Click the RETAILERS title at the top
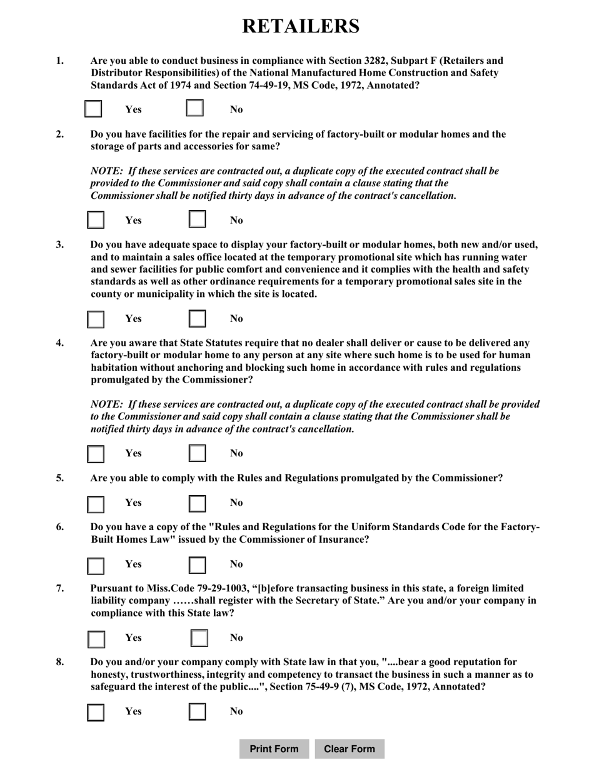[x=301, y=26]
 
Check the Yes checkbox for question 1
[x=93, y=109]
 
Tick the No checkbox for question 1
[x=195, y=109]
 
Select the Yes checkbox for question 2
[x=96, y=219]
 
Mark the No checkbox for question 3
[x=198, y=318]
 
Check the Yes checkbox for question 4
[x=96, y=453]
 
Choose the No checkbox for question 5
[x=198, y=503]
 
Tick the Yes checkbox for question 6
[x=96, y=565]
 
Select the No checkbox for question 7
[x=199, y=638]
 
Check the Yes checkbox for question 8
[x=96, y=711]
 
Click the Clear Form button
[x=350, y=749]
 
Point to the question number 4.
[x=60, y=343]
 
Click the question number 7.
[x=60, y=588]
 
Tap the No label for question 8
[x=236, y=711]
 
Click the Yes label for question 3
[x=133, y=318]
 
